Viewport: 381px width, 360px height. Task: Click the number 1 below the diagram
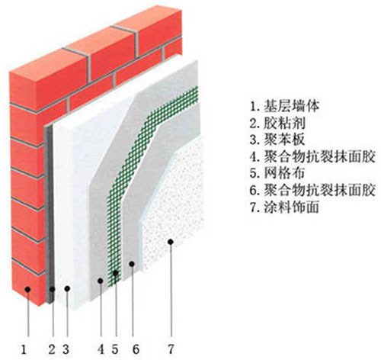pos(24,349)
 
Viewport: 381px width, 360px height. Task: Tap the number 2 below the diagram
pos(52,349)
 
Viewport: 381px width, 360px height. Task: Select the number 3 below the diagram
pos(66,349)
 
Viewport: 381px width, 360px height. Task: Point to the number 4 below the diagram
pos(101,349)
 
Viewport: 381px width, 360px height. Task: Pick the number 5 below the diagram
pos(115,349)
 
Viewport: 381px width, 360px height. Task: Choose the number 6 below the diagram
pos(136,349)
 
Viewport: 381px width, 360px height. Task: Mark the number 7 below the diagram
pos(171,349)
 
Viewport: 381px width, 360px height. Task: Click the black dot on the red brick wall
pos(27,289)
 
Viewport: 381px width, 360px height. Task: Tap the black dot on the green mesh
pos(115,273)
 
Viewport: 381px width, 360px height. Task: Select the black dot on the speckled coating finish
pos(171,242)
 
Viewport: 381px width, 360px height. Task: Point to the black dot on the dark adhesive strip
pos(52,289)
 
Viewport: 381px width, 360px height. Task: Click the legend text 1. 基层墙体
pos(284,106)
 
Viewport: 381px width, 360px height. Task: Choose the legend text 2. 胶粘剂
pos(277,123)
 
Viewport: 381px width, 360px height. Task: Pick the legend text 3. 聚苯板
pos(277,140)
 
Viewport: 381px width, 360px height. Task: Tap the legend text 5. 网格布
pos(277,173)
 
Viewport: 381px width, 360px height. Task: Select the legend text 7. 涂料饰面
pos(284,207)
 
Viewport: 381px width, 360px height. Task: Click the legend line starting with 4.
pos(312,156)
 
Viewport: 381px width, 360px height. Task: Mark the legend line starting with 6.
pos(312,190)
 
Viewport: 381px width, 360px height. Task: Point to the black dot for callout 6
pos(132,264)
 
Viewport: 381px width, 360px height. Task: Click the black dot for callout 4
pos(101,281)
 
